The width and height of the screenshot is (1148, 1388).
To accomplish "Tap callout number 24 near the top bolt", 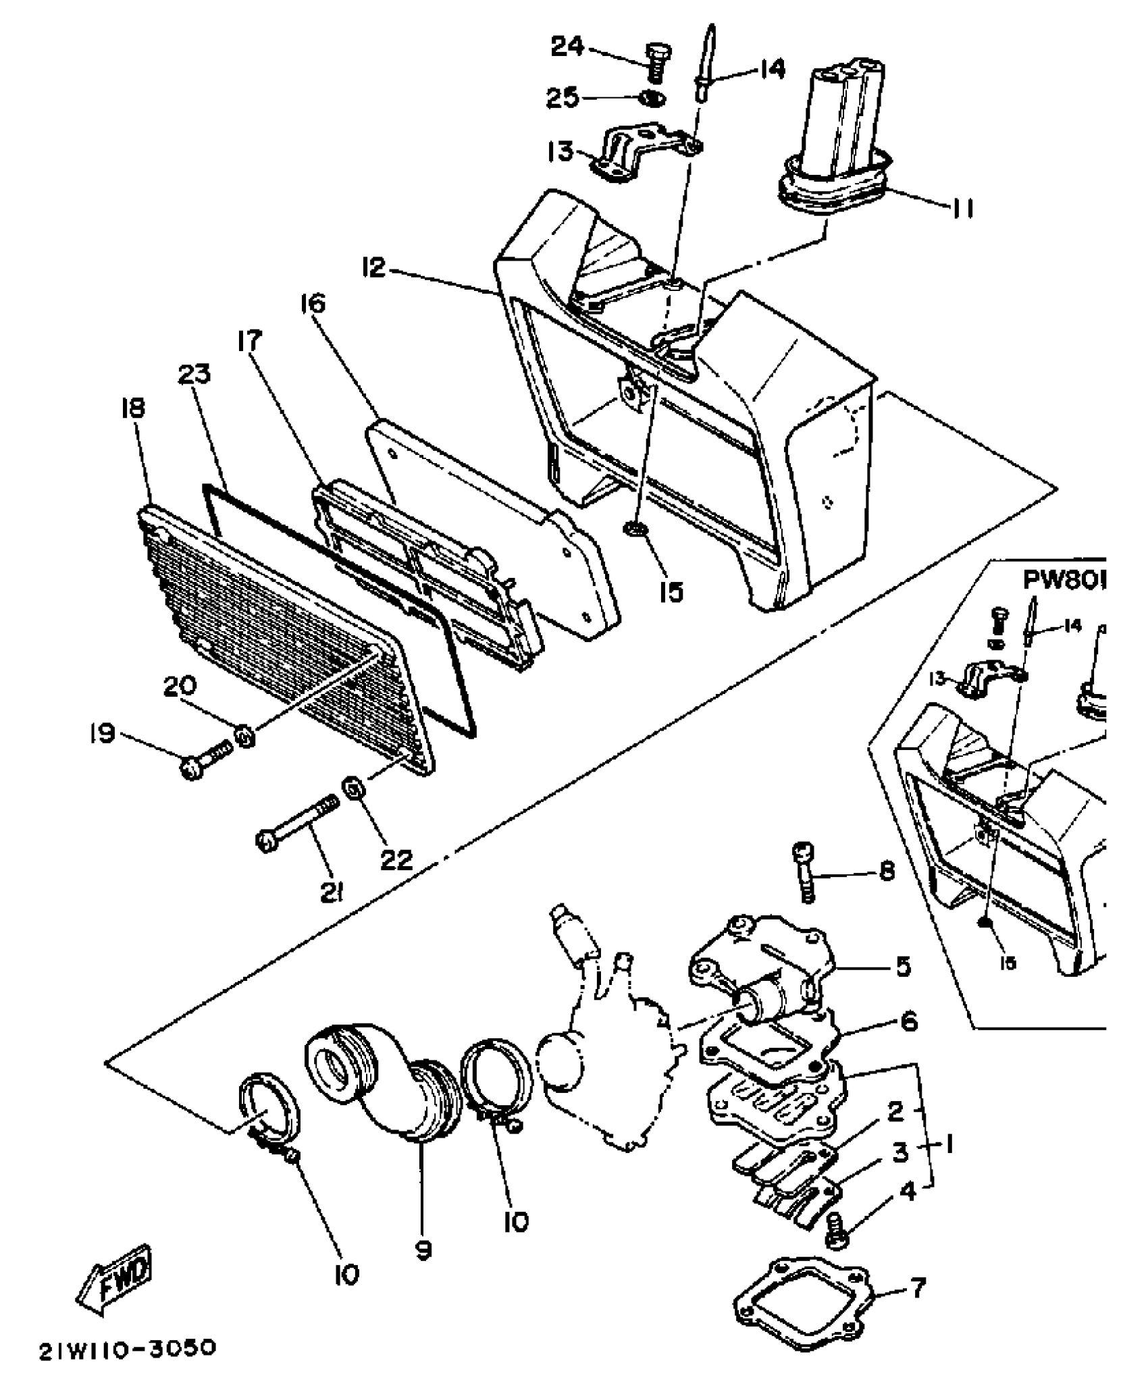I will click(x=569, y=48).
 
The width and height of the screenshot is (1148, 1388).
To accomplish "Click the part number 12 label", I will click(x=373, y=268).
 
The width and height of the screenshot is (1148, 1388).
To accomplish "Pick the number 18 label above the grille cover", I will click(x=133, y=408).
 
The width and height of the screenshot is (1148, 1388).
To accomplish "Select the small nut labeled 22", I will click(x=353, y=787).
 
